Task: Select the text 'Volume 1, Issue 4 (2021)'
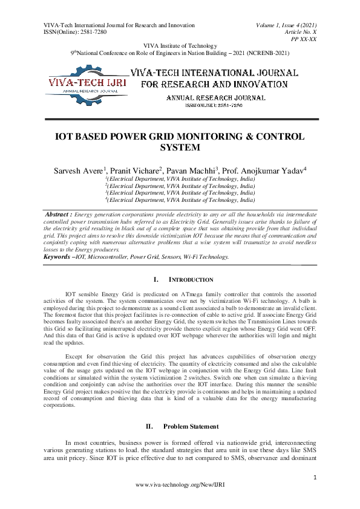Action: click(282, 25)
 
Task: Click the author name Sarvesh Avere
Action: click(79, 171)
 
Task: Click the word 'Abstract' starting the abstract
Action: click(59, 214)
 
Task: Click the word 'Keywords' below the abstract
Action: click(56, 257)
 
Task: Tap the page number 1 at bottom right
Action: click(315, 478)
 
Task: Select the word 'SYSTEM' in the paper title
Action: click(180, 148)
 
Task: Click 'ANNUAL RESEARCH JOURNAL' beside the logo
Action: click(215, 97)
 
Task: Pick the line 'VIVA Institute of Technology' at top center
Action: click(180, 46)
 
